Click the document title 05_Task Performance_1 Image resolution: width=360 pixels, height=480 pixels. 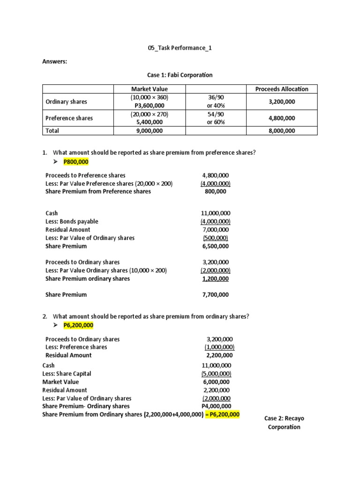point(180,48)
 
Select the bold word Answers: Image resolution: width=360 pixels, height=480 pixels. point(55,61)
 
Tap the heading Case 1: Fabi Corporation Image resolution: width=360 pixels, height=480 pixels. point(180,75)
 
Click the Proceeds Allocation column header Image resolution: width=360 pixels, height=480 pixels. point(281,89)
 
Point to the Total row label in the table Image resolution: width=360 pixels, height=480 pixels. point(52,131)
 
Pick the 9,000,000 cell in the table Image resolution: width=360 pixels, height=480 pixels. point(149,131)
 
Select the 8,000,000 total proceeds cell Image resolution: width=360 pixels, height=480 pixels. point(281,131)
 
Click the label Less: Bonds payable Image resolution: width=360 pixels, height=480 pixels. point(72,221)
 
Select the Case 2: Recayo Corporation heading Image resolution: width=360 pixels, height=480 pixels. point(284,422)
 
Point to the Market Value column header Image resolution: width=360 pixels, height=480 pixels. point(149,89)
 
